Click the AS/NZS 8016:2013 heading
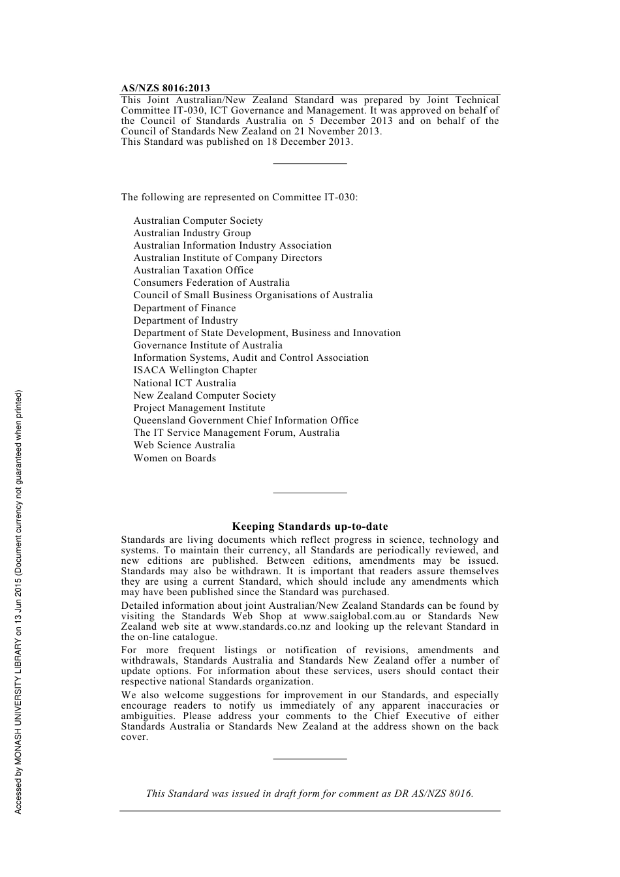tap(165, 89)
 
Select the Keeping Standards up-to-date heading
tap(309, 527)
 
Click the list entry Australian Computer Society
tap(198, 221)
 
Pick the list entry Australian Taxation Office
tap(193, 270)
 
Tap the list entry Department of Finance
tap(185, 308)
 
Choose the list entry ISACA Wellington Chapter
tap(195, 370)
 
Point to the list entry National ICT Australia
tap(185, 383)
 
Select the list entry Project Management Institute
tap(199, 408)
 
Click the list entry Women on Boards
tap(174, 458)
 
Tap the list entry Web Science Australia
tap(184, 445)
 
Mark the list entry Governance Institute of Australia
tap(208, 345)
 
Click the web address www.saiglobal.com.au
tap(354, 616)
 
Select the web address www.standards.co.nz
tap(263, 626)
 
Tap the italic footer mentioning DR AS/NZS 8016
tap(309, 793)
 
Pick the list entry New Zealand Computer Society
tap(204, 395)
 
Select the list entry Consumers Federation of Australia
tap(211, 283)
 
